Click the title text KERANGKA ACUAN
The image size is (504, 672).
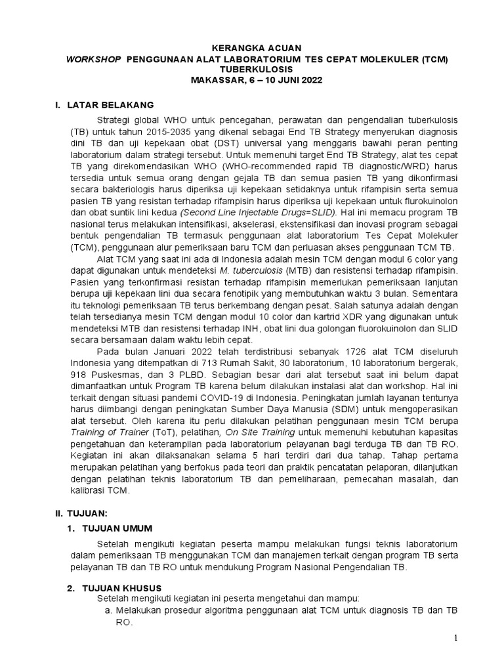pyautogui.click(x=251, y=49)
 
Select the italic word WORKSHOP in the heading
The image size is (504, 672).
pyautogui.click(x=93, y=59)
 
